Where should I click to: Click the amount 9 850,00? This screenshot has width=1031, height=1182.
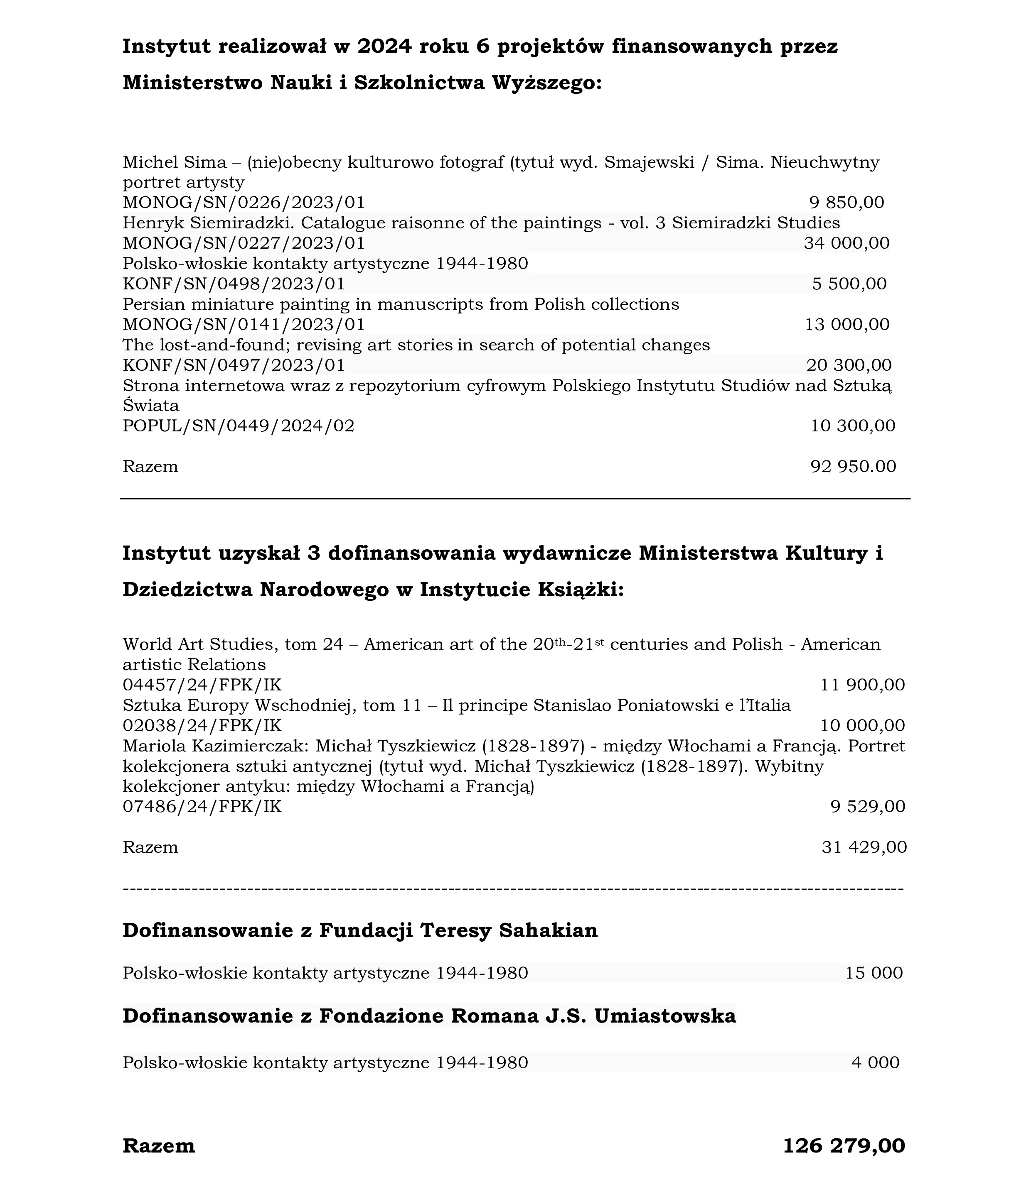pos(846,202)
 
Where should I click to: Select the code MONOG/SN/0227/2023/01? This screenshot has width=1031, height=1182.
pos(244,243)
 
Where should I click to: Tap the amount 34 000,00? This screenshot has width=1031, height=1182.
pos(846,243)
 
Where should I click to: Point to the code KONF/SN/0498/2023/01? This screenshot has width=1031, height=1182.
pos(234,284)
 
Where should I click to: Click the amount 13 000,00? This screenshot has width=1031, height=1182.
pos(847,325)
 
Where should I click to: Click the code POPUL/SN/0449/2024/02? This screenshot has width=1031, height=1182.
pos(239,426)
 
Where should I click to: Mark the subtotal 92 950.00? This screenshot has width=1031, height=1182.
pos(853,467)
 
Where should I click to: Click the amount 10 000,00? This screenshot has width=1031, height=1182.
pos(862,726)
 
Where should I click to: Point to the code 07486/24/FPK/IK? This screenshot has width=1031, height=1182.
pos(202,807)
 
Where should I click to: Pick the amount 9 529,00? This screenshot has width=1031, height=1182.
pos(868,807)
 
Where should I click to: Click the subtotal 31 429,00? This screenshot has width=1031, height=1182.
pos(864,847)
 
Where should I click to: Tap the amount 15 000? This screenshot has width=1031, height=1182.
pos(874,973)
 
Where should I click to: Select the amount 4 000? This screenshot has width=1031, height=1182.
pos(876,1062)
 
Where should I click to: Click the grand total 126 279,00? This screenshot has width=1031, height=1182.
pos(844,1146)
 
